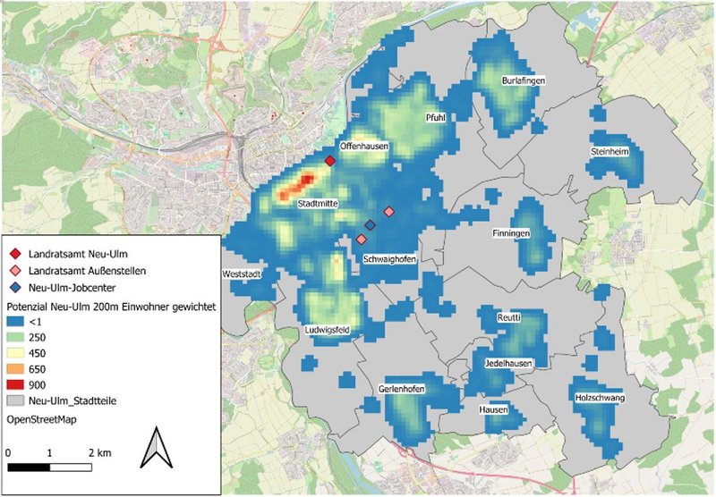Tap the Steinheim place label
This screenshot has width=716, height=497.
coord(610,152)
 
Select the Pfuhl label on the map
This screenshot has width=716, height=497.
coord(435,117)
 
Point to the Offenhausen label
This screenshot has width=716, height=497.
coord(362,145)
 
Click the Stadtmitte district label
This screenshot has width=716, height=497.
coord(317,204)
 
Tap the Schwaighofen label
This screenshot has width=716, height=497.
coord(391,259)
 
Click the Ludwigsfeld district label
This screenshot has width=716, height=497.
coord(326,330)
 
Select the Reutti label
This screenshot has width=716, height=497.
coord(508,318)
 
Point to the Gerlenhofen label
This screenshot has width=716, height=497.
coord(402,391)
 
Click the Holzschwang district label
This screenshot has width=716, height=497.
coord(600,397)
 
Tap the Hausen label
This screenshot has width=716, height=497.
coord(493,409)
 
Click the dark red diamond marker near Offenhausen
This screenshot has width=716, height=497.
coord(329,161)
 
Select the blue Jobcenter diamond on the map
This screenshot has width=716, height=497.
coord(370,225)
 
